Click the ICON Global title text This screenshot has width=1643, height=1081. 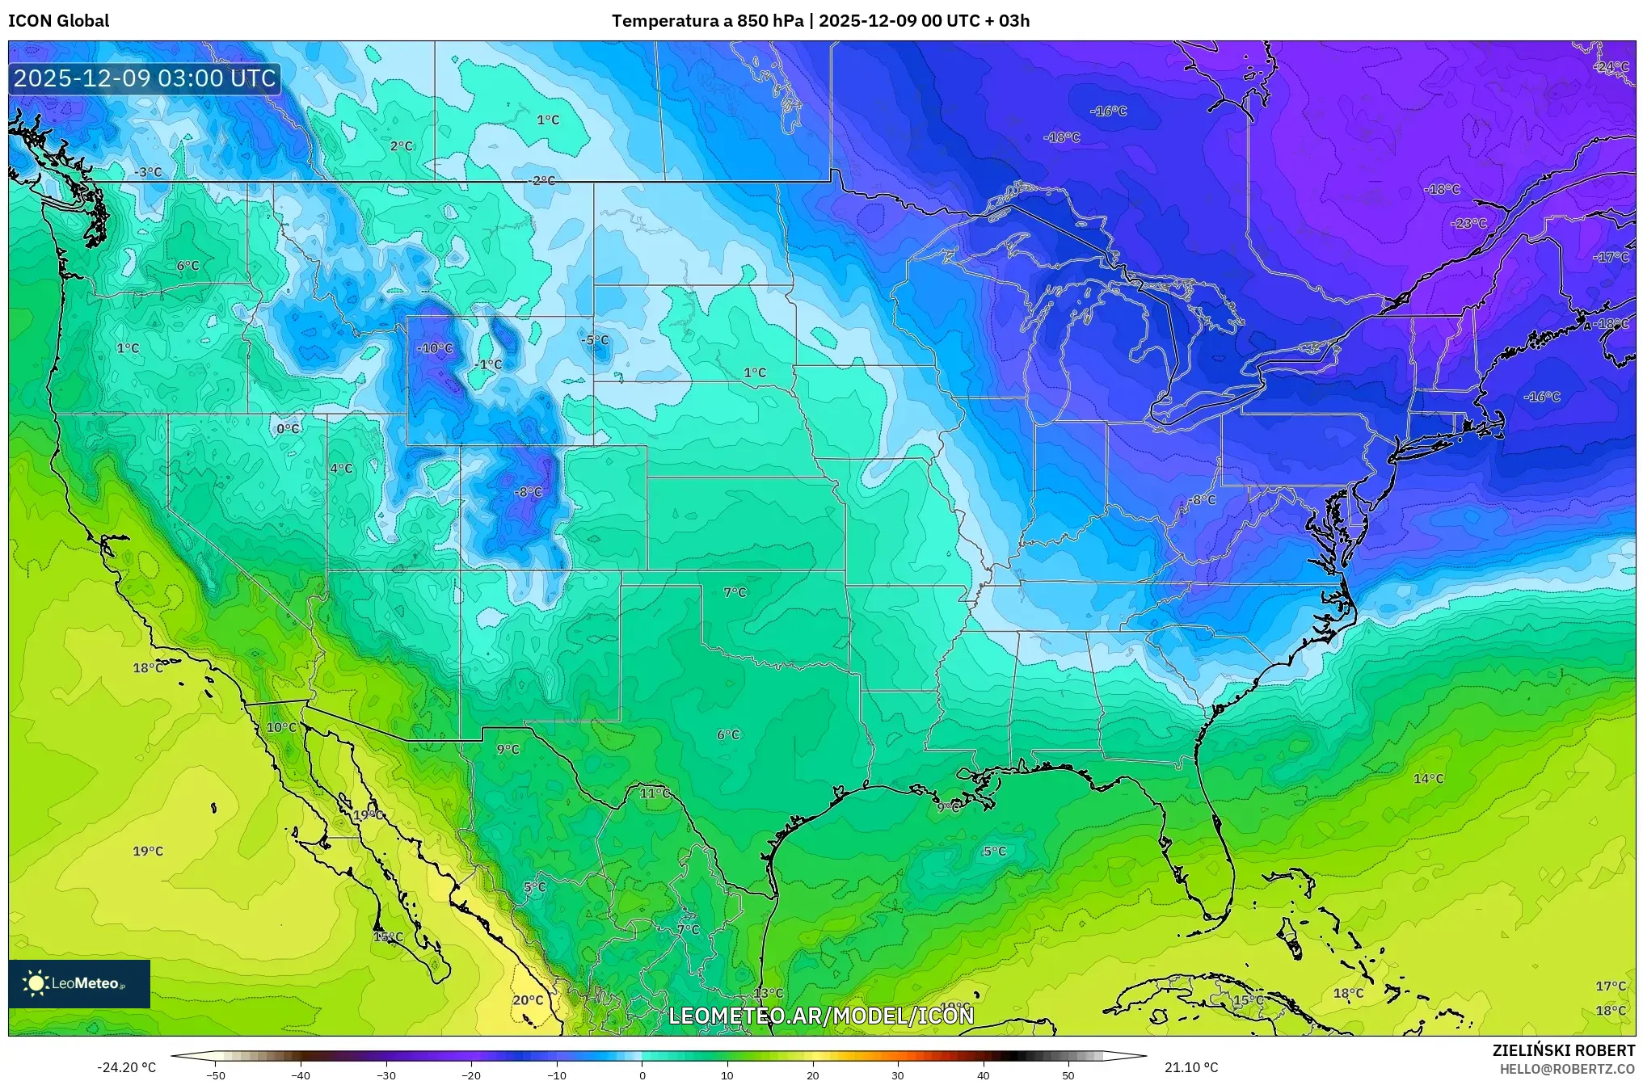point(58,21)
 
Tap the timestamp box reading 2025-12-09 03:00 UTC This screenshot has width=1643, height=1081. point(145,78)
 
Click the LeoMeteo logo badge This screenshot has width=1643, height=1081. point(79,983)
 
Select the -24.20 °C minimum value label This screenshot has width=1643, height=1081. point(126,1067)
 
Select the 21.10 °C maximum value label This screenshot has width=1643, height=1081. point(1190,1067)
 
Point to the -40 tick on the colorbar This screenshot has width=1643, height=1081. point(301,1075)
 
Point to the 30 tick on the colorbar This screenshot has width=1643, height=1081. point(898,1075)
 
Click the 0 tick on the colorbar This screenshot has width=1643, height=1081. point(642,1075)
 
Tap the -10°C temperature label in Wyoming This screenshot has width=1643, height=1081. point(435,348)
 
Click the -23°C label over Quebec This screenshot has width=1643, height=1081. point(1468,223)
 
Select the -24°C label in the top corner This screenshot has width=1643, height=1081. point(1611,66)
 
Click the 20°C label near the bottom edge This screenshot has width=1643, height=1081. point(528,1000)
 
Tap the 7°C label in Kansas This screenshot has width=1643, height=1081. point(735,592)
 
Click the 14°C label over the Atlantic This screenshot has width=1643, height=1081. point(1428,779)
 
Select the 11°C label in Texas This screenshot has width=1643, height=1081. point(655,793)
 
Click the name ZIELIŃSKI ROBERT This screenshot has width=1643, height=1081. point(1563,1050)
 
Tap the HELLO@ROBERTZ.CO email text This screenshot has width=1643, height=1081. point(1567,1069)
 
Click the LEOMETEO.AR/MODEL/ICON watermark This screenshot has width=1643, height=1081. point(821,1016)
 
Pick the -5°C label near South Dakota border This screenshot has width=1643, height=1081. point(595,340)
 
